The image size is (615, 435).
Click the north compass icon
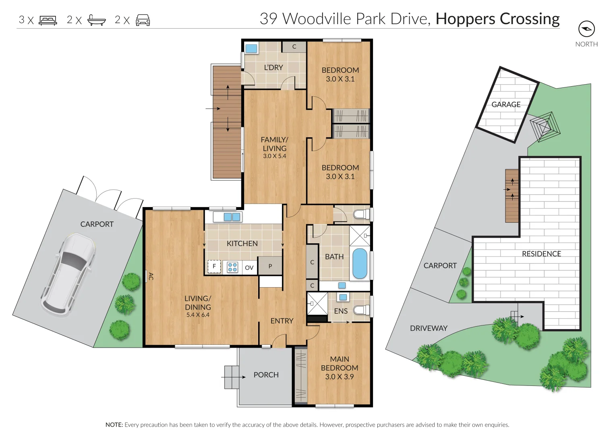pos(586,29)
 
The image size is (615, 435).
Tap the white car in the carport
pos(68,273)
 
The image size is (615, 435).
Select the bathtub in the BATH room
pos(360,264)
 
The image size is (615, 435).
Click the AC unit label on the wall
pos(151,276)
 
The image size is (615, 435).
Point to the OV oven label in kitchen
pos(249,267)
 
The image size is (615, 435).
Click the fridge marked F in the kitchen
pos(214,267)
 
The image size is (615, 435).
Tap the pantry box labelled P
pos(270,266)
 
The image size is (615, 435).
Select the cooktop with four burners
pos(232,267)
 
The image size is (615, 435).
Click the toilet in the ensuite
pos(361,310)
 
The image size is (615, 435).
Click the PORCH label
pos(266,375)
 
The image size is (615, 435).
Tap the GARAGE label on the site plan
pos(506,105)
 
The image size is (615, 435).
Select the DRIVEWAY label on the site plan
pos(429,328)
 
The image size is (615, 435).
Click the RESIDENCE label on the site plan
pos(541,254)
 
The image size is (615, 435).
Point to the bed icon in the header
pos(48,20)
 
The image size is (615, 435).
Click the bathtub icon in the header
pos(97,20)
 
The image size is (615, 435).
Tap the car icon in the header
pos(143,20)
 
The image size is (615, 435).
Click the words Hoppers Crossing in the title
pos(497,19)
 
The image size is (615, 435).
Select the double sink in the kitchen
pos(232,217)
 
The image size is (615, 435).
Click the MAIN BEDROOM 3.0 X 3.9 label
pos(340,368)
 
